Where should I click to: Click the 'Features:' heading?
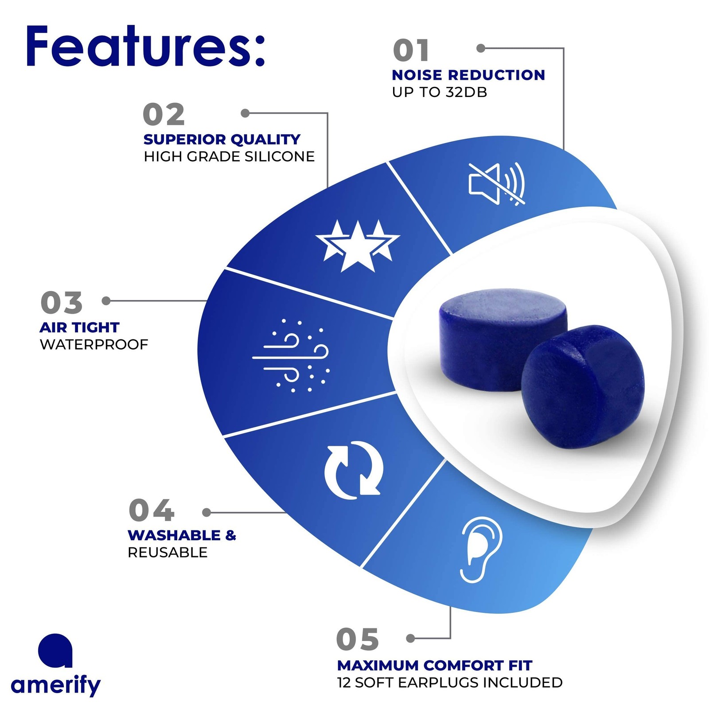[x=145, y=46]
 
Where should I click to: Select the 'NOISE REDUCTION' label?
[x=468, y=75]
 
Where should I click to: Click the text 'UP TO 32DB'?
[x=440, y=92]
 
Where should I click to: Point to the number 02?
[x=164, y=114]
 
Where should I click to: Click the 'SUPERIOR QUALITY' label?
[x=222, y=140]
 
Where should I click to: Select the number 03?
[x=61, y=303]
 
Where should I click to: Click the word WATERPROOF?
[x=94, y=344]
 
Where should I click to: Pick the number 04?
[x=151, y=510]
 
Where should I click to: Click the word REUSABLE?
[x=168, y=553]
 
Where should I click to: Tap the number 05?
[x=358, y=639]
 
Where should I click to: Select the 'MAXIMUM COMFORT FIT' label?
[x=435, y=666]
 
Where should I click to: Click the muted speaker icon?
[x=497, y=184]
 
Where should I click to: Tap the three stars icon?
[x=358, y=245]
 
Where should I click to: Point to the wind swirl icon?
[x=291, y=355]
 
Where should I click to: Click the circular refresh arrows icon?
[x=354, y=470]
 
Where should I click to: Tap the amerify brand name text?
[x=56, y=685]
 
